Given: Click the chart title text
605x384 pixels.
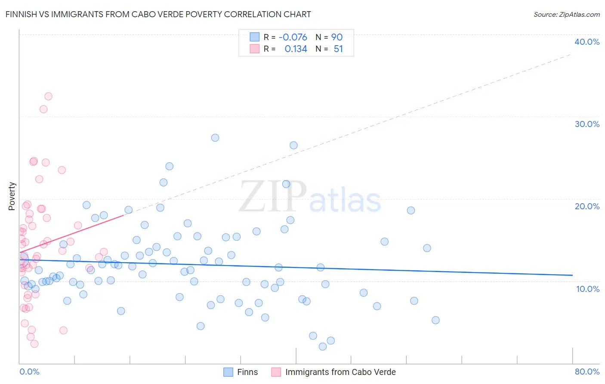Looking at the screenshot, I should (x=158, y=14).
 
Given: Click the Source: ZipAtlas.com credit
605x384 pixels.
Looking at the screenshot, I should (x=566, y=14).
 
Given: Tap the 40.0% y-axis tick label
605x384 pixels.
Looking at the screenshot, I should (x=587, y=42).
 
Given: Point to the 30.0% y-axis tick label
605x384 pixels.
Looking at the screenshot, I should (x=587, y=124).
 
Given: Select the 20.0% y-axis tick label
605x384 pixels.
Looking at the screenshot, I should (x=587, y=206).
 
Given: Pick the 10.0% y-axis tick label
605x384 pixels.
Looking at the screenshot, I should (x=588, y=289).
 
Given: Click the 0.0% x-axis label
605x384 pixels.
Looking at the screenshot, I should (x=29, y=372).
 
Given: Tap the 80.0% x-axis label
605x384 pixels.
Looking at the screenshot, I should (x=587, y=372).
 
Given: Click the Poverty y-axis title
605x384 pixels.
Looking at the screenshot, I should (x=12, y=196).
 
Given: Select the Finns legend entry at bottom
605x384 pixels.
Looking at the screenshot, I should (x=247, y=372).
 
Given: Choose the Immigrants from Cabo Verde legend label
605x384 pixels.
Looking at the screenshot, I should (x=340, y=372).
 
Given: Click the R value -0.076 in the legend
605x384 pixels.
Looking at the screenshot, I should (x=293, y=37).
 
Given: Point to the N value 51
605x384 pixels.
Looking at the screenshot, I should (x=338, y=49).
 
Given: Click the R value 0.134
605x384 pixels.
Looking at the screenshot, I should (x=296, y=49).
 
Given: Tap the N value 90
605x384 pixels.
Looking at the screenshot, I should (x=336, y=37).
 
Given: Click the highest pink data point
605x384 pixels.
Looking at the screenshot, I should (x=48, y=96).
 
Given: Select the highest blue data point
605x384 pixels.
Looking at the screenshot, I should (x=215, y=138).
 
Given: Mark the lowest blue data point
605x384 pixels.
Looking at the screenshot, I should (x=323, y=347).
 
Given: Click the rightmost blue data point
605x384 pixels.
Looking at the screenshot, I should (x=435, y=320).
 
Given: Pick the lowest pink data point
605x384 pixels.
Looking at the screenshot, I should (x=34, y=344).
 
